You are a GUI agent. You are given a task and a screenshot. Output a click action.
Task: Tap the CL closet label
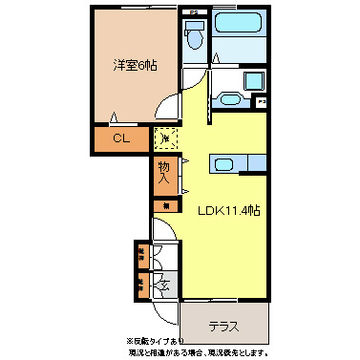(x=121, y=139)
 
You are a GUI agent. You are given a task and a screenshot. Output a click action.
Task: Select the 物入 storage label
(x=164, y=172)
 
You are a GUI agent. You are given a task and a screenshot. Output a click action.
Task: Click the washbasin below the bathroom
(x=230, y=96)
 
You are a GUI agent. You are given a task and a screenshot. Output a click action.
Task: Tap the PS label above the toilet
(x=194, y=11)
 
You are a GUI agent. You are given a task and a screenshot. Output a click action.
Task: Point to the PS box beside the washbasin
(x=261, y=100)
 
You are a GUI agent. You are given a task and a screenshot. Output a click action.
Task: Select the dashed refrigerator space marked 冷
(x=166, y=139)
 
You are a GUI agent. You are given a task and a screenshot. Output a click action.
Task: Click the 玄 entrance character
(x=164, y=284)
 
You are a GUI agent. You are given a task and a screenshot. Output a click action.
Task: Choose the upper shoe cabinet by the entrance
(x=140, y=255)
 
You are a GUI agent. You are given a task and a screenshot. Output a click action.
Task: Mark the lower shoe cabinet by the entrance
(x=140, y=284)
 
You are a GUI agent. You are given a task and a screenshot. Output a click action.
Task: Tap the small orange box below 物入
(x=164, y=204)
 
